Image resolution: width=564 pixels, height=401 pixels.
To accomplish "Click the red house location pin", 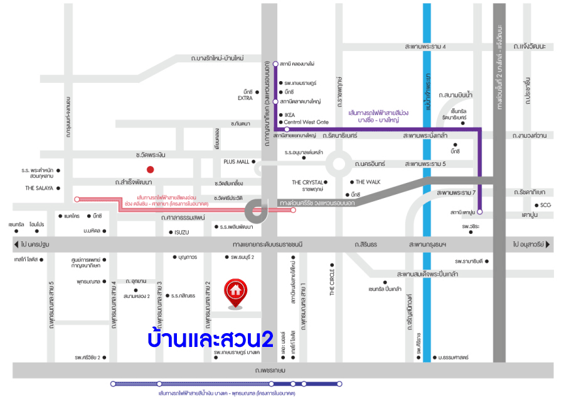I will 235,292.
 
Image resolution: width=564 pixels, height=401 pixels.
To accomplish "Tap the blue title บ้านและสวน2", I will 211,339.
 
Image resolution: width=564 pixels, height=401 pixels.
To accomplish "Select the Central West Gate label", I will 306,122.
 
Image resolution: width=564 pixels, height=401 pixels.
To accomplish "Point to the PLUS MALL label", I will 236,162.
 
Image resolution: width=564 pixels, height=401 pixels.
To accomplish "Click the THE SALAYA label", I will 39,188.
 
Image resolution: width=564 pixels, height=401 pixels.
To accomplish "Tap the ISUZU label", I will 181,232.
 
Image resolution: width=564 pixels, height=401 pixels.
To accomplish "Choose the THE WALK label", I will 368,182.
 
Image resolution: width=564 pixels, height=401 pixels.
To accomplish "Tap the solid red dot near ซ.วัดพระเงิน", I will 150,169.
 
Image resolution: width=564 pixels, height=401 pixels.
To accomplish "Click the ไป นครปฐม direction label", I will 35,244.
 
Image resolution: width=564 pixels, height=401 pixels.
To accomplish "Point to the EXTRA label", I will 245,98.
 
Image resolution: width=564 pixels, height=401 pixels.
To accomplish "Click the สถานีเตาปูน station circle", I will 480,212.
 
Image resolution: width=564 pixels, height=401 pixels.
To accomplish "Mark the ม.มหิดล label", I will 92,231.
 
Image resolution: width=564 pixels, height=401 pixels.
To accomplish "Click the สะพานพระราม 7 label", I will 456,192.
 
